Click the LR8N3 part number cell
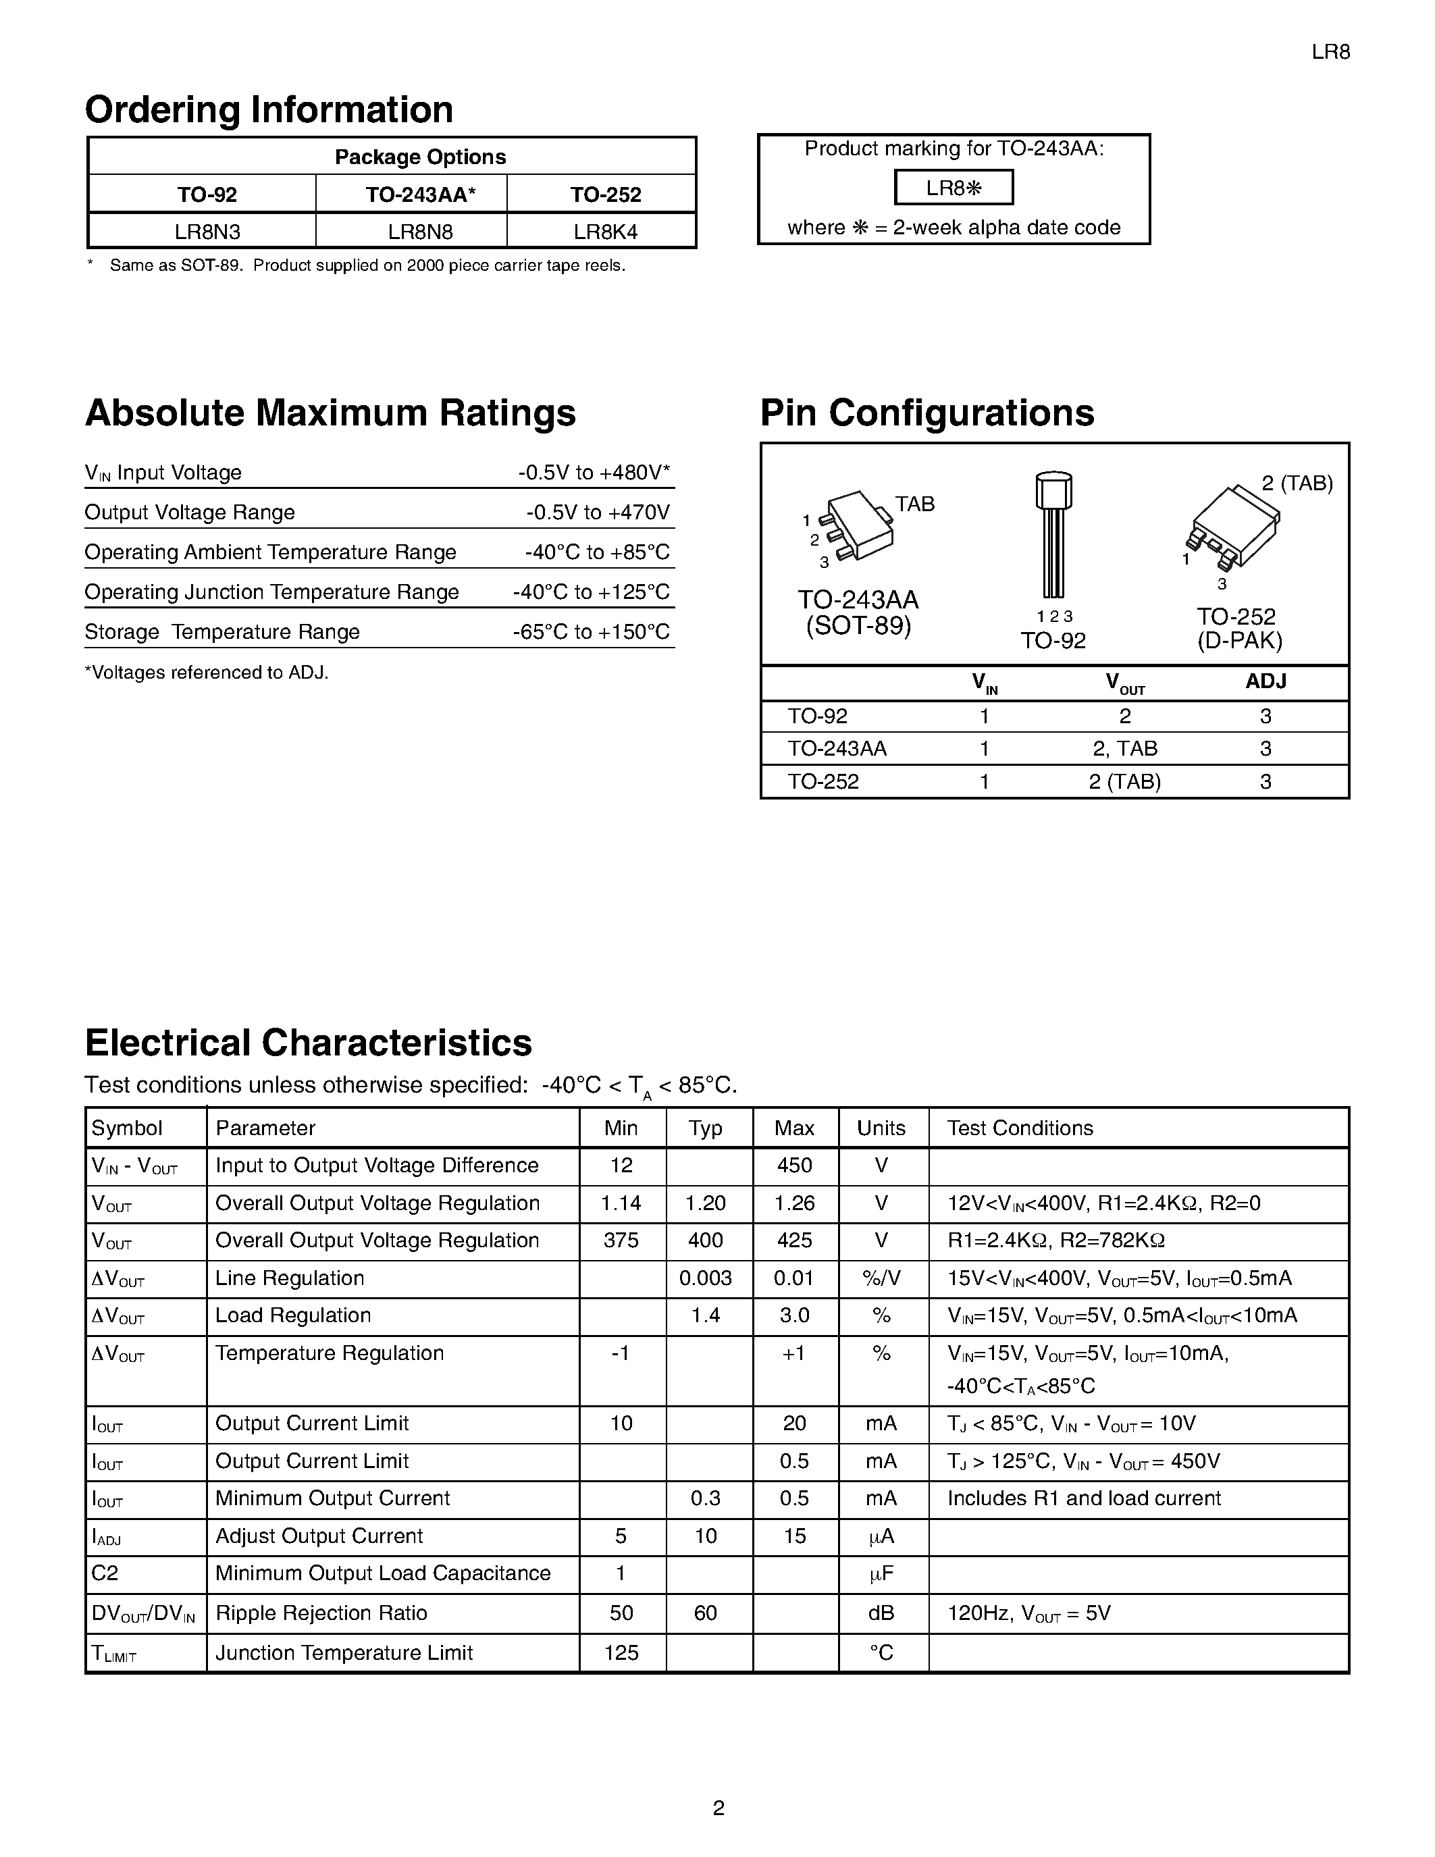tap(203, 231)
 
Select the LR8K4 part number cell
tap(604, 231)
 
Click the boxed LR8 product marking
tap(953, 188)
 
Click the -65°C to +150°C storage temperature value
tap(591, 632)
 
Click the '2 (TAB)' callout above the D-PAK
tap(1297, 483)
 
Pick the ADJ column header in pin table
tap(1265, 681)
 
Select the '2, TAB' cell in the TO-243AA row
tap(1124, 748)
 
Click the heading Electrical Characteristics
tap(308, 1043)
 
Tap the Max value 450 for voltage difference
tap(794, 1166)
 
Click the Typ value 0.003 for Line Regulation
tap(705, 1278)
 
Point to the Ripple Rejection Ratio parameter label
tap(321, 1613)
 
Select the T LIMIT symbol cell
tap(114, 1653)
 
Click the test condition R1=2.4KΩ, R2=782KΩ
tap(1055, 1240)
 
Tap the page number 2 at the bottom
tap(719, 1808)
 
